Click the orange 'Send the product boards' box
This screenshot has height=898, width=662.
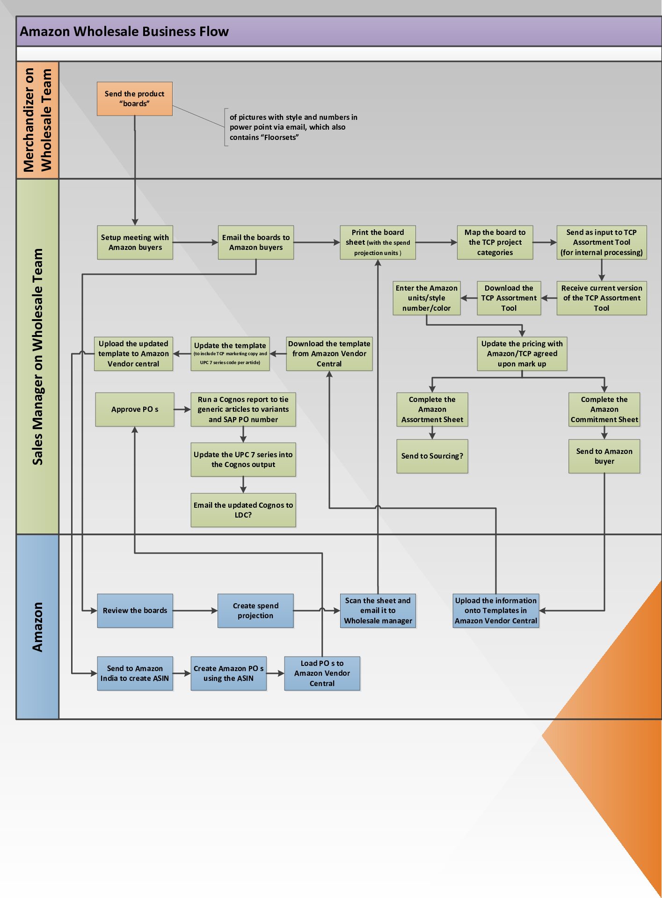coord(135,99)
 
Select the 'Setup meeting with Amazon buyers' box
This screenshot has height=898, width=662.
coord(135,242)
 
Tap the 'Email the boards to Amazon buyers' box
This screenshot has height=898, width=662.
coord(256,242)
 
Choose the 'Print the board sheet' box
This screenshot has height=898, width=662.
coord(378,242)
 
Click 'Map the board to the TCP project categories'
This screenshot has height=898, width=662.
coord(495,242)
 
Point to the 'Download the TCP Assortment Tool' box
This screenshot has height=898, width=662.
coord(509,298)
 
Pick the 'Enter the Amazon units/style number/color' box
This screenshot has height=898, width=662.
coord(426,298)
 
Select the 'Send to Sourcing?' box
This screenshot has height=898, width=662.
coord(432,456)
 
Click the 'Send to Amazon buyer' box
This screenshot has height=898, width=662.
coord(604,456)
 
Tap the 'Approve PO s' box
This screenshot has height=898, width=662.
coord(135,409)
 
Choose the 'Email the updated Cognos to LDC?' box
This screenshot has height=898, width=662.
coord(243,510)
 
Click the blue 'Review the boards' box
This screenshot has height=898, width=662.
coord(135,611)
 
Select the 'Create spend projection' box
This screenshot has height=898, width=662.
coord(255,611)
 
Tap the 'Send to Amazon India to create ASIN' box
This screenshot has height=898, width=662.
coord(135,673)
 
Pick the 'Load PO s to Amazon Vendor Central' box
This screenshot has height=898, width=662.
coord(322,673)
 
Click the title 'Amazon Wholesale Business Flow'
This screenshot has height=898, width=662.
coord(124,31)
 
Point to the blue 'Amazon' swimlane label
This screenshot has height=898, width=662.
coord(37,627)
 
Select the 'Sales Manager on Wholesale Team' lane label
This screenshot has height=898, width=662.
coord(37,357)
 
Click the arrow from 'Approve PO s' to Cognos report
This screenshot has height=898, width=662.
coord(182,409)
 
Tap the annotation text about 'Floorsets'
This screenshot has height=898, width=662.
coord(293,127)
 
